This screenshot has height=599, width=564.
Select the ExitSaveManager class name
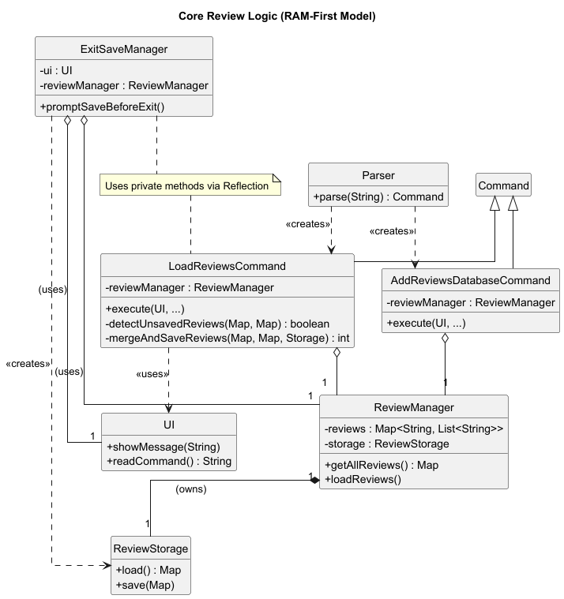coord(124,49)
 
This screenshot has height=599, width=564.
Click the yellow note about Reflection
coord(190,187)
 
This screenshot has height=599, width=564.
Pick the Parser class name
coord(378,174)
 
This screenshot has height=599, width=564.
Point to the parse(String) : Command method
coord(378,197)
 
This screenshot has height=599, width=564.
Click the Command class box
coord(503,186)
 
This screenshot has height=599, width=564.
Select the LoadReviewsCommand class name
coord(227,266)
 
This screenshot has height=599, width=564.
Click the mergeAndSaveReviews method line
coord(227,339)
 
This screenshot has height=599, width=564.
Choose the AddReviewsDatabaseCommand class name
coord(471,280)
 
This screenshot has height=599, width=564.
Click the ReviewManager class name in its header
coord(414,407)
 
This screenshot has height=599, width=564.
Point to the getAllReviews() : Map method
coord(382,465)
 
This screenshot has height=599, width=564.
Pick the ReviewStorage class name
coord(150,548)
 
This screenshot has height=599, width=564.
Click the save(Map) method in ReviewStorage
coord(145,585)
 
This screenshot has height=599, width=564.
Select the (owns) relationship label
coord(190,489)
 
